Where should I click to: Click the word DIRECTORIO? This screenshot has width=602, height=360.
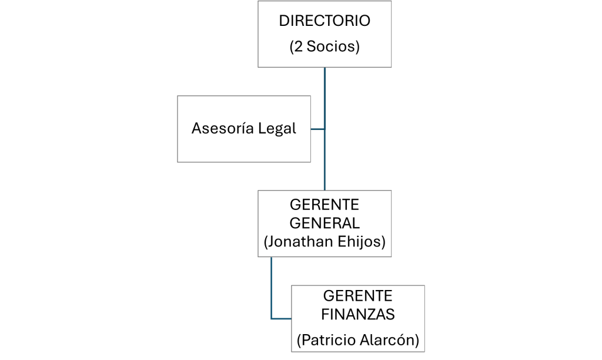tap(325, 21)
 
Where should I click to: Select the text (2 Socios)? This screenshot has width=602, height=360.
tap(325, 46)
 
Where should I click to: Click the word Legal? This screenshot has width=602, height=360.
tap(277, 129)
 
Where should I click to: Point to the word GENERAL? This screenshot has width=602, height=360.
tap(325, 223)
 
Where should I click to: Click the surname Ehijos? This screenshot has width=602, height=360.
tap(362, 242)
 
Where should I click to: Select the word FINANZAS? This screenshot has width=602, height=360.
tap(358, 315)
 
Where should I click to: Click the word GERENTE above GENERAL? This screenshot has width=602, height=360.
tap(325, 205)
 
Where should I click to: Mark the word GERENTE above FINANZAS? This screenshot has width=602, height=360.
tap(358, 296)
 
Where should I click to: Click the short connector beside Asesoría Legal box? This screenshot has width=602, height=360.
tap(317, 129)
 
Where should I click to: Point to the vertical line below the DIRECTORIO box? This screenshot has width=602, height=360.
tap(325, 129)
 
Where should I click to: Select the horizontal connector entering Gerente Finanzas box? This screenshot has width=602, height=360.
tap(281, 318)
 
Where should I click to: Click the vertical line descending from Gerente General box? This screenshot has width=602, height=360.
tap(271, 288)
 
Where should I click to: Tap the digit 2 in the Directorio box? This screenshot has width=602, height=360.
tap(298, 46)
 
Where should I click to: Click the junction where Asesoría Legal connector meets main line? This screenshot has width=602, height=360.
tap(325, 129)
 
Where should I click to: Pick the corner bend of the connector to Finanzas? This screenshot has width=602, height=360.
tap(271, 318)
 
